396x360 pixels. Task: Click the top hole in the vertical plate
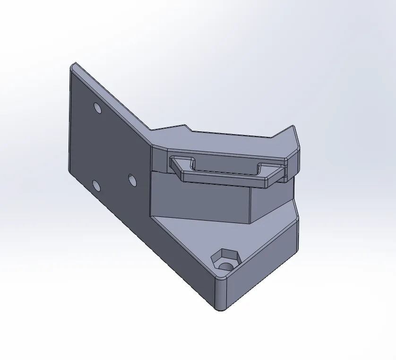(97, 108)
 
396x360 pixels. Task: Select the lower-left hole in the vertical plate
(96, 186)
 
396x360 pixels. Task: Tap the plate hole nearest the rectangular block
(132, 180)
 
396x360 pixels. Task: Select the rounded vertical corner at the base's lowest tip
(220, 295)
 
